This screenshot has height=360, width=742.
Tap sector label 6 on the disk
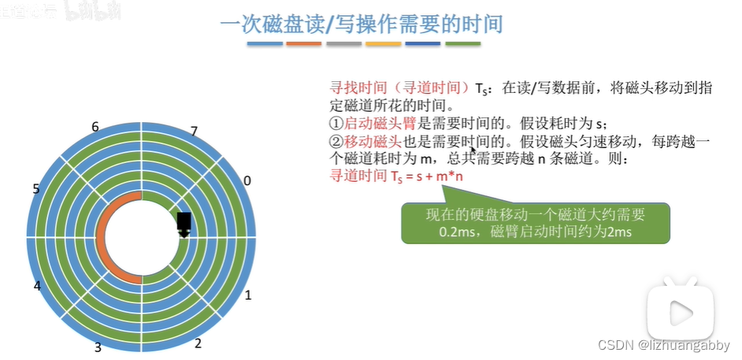(95, 127)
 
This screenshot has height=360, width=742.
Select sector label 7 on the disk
(194, 131)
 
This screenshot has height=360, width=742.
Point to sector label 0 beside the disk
(247, 180)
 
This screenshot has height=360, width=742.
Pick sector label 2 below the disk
(198, 343)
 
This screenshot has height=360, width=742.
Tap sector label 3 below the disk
(98, 347)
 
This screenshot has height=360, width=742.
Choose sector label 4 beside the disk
(37, 286)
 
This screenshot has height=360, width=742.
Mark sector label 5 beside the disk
(36, 188)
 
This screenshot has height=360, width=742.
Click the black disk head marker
(184, 223)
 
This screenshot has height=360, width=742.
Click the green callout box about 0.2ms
(535, 224)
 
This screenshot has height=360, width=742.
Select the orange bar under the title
(303, 44)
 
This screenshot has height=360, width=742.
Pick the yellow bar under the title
(383, 44)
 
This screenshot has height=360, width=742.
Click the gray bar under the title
(343, 44)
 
